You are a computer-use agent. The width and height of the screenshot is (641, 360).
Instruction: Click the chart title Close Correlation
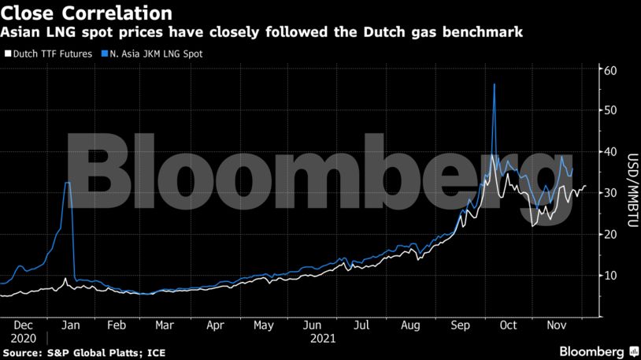(x=87, y=13)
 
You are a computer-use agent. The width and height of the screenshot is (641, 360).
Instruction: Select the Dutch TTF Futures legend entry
(x=51, y=54)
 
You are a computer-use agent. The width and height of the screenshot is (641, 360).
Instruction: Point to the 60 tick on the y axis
(x=606, y=70)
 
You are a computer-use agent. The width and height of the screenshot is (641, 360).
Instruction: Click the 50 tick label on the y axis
(x=606, y=111)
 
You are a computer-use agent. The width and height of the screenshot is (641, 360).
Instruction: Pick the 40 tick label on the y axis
(x=606, y=152)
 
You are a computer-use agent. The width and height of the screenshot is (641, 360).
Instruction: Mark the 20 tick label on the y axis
(x=606, y=234)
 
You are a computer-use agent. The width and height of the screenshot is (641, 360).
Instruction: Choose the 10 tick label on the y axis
(x=606, y=275)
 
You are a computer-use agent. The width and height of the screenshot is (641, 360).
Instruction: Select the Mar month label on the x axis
(x=165, y=325)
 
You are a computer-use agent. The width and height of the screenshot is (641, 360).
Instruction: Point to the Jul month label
(x=362, y=325)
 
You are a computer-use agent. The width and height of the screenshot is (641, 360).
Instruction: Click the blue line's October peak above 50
(x=494, y=84)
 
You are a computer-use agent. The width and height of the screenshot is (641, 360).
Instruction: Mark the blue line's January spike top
(x=68, y=183)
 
